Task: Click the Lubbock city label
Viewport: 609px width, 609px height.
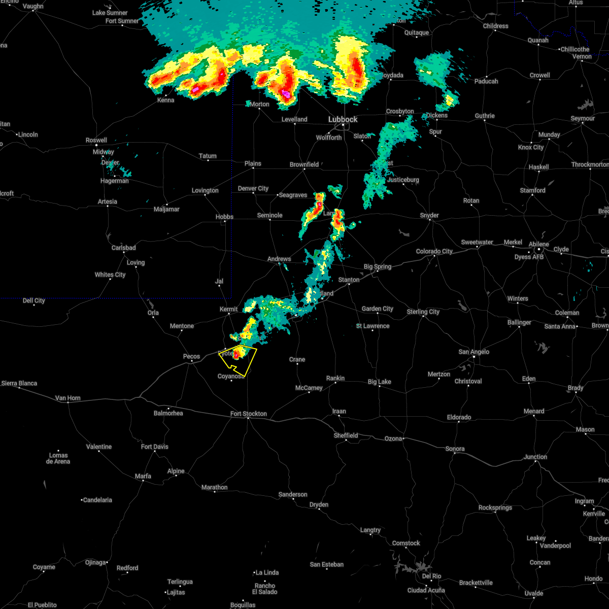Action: (x=343, y=119)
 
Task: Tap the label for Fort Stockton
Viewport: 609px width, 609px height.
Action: (x=248, y=414)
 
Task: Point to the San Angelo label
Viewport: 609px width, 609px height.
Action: (x=473, y=352)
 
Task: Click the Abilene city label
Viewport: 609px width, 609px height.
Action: (x=538, y=244)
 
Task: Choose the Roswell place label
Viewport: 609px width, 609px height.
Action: (x=96, y=140)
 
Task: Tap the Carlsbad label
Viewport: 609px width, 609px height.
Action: (x=124, y=248)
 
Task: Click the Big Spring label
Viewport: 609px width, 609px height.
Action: (x=378, y=266)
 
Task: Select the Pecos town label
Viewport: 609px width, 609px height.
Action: (x=191, y=356)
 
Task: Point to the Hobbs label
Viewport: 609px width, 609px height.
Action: (x=224, y=217)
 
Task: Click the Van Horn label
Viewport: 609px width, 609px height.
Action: (x=67, y=398)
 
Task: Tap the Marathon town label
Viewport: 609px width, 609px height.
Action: (x=214, y=487)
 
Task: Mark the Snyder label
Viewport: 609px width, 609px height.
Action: (x=429, y=215)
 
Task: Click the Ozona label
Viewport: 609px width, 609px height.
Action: (x=393, y=438)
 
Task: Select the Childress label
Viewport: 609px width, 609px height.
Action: (x=495, y=26)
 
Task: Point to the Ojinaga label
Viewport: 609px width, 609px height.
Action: (x=95, y=562)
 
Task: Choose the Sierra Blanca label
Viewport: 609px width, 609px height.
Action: (x=20, y=383)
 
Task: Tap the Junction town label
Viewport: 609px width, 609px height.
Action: (x=535, y=457)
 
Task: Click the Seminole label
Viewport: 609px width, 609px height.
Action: (x=269, y=215)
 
